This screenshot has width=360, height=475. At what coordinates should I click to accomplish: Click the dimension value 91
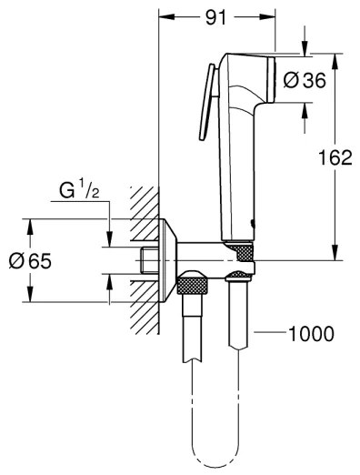tap(216, 15)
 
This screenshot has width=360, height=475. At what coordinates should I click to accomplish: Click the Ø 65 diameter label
tap(28, 261)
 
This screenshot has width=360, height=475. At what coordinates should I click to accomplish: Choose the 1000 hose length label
tap(310, 333)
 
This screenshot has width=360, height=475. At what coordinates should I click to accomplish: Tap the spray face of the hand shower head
tap(273, 80)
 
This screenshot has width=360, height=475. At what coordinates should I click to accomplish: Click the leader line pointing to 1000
tap(270, 334)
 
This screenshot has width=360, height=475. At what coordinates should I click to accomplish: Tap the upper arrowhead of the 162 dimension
tap(336, 58)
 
